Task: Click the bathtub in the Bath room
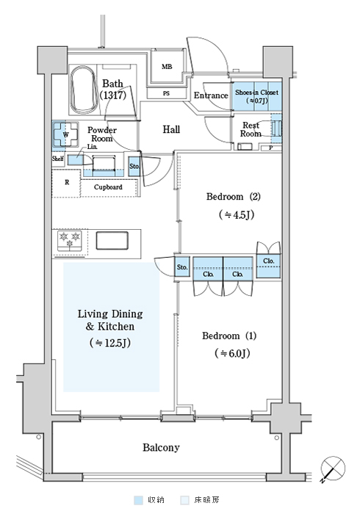[84, 90]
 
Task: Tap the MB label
[167, 67]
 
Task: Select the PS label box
[166, 93]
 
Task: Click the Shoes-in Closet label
[256, 96]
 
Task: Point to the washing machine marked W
[65, 134]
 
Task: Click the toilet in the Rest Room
[276, 128]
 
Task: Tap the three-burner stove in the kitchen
[70, 241]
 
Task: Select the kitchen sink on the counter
[112, 241]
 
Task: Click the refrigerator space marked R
[67, 184]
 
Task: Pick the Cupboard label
[108, 187]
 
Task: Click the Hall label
[171, 129]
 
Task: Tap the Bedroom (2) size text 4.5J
[237, 214]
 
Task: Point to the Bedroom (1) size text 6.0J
[232, 353]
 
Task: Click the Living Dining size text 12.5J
[110, 343]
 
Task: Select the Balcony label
[161, 447]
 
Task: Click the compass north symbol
[333, 468]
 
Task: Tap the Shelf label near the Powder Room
[58, 159]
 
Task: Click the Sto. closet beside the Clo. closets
[182, 267]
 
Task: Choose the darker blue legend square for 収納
[139, 500]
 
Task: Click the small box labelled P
[271, 148]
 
